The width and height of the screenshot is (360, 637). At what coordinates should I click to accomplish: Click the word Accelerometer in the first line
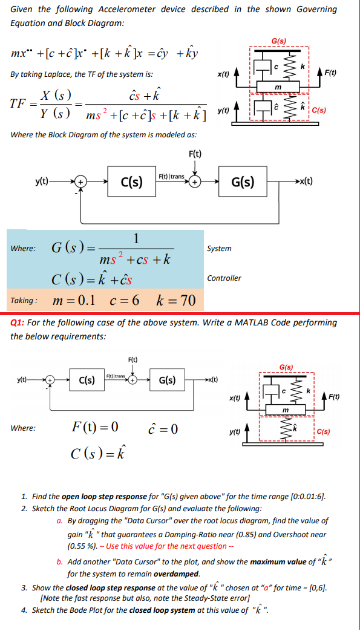[127, 9]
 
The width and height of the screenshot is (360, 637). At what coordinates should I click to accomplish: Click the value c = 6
[125, 301]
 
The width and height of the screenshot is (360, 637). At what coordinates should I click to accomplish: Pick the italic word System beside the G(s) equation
[219, 249]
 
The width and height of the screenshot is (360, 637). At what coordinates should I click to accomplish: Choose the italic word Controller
[224, 278]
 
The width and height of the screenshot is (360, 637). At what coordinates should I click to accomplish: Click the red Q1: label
[20, 322]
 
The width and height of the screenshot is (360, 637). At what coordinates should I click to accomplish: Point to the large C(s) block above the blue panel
[132, 181]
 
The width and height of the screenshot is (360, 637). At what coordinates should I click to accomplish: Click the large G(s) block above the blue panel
[243, 181]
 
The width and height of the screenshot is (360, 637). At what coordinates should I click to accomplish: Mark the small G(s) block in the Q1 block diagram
[167, 381]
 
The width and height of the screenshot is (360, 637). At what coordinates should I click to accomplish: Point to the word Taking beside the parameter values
[24, 301]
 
